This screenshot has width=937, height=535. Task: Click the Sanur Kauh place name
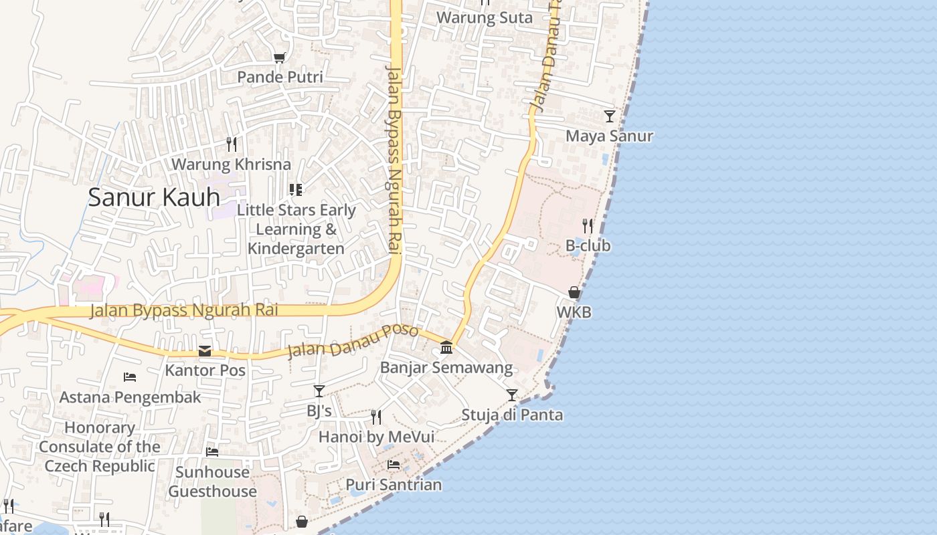154,197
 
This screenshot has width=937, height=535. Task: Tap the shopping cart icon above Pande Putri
279,58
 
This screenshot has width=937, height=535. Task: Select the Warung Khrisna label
231,164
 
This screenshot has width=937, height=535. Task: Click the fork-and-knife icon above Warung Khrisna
231,144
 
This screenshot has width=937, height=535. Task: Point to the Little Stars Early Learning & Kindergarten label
296,229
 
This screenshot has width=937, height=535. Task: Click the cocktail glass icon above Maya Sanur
609,116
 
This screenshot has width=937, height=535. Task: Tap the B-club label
588,245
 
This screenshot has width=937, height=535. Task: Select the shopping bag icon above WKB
574,292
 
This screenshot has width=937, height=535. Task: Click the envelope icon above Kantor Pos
205,351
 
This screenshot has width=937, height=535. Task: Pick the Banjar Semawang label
446,367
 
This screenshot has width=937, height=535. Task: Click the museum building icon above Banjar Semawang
446,347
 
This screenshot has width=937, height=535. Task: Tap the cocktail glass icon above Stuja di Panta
512,395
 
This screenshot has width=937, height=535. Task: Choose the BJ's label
319,411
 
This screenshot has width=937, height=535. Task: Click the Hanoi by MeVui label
376,437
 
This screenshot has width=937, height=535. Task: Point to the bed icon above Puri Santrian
394,465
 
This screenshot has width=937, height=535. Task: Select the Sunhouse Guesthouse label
212,481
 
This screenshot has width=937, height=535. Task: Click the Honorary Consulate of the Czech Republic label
100,446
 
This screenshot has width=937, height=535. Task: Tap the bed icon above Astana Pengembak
130,377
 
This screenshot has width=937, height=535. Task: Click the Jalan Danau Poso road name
353,342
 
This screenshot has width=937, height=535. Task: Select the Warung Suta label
485,18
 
